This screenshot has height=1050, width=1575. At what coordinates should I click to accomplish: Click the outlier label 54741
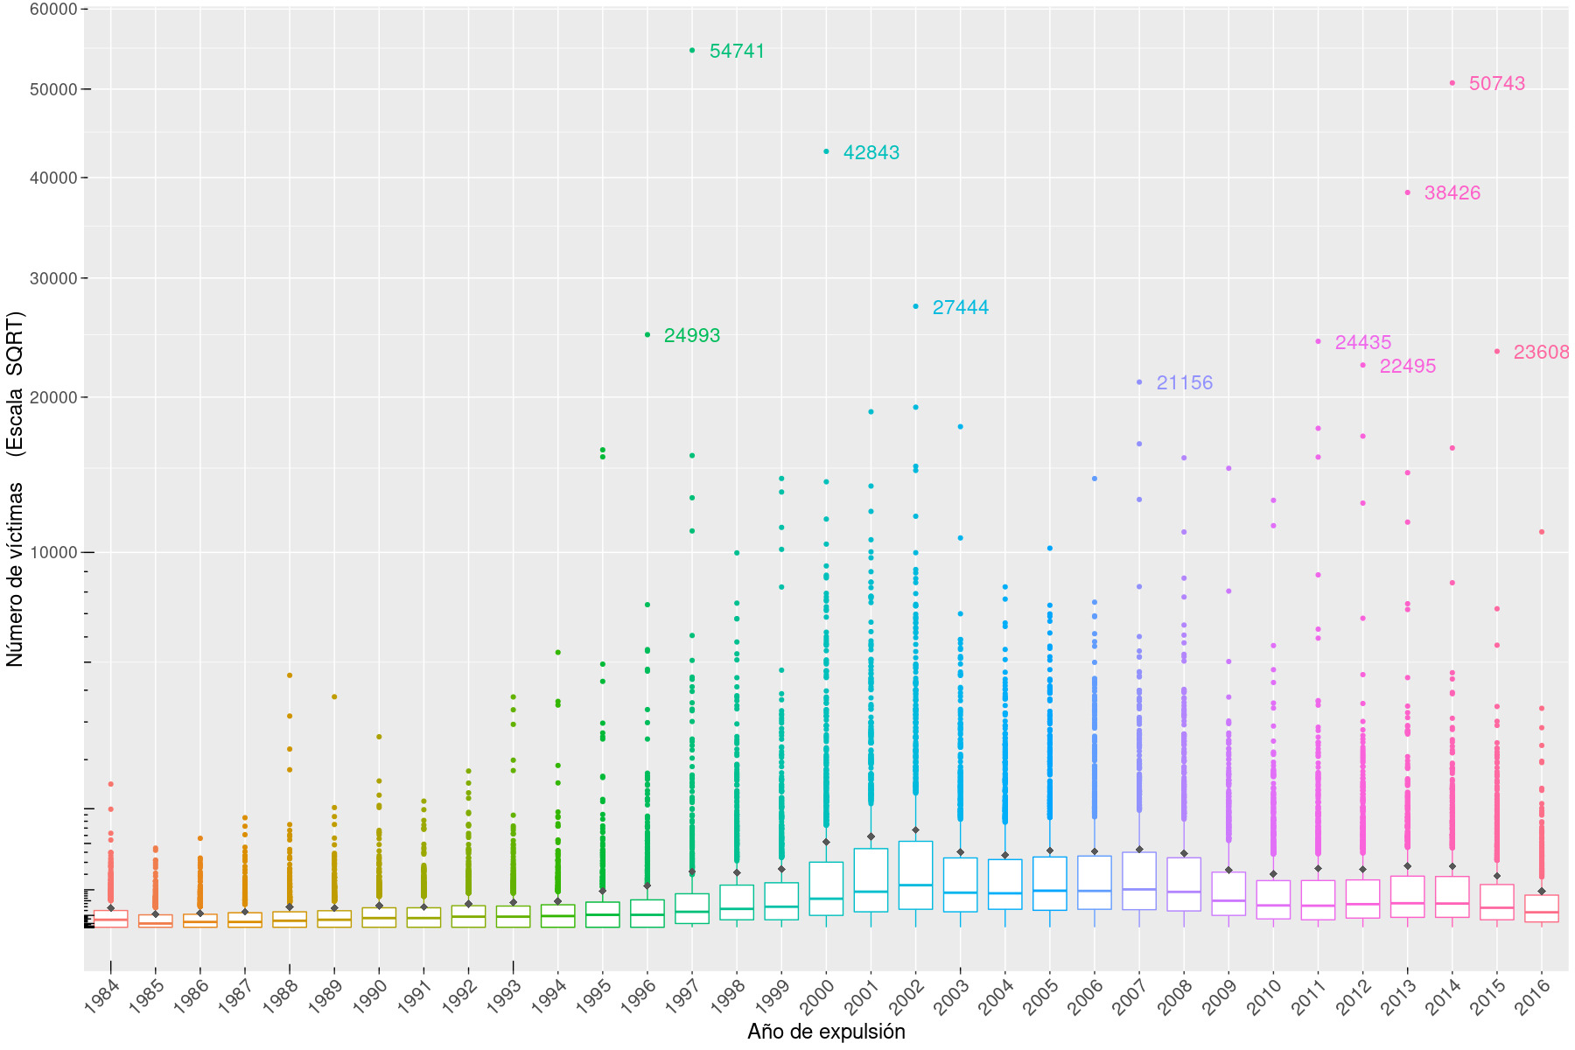[737, 52]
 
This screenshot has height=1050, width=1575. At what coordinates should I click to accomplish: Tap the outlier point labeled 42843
[826, 151]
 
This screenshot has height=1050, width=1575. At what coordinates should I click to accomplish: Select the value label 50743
[1496, 84]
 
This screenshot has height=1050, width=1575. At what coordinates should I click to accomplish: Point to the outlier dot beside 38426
[1407, 192]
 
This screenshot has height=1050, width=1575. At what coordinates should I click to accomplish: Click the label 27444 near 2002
[960, 308]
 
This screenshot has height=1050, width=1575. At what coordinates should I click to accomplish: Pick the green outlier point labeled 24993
[647, 334]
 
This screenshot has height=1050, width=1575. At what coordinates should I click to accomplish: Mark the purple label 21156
[1184, 383]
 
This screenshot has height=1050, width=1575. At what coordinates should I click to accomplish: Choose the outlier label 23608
[1541, 353]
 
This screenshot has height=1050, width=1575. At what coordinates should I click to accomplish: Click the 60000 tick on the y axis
[54, 9]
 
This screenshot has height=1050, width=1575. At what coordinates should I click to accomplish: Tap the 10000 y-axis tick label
[54, 553]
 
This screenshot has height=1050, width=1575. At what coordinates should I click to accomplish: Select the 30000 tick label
[54, 278]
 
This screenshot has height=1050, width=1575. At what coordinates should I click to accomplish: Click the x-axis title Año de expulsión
[826, 1032]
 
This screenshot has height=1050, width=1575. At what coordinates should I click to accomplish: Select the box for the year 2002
[915, 875]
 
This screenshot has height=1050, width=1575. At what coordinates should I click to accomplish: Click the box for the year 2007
[1139, 881]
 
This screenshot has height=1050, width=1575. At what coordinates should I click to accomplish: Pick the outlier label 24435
[1362, 343]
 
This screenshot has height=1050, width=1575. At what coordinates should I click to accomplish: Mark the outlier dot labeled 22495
[1362, 365]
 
